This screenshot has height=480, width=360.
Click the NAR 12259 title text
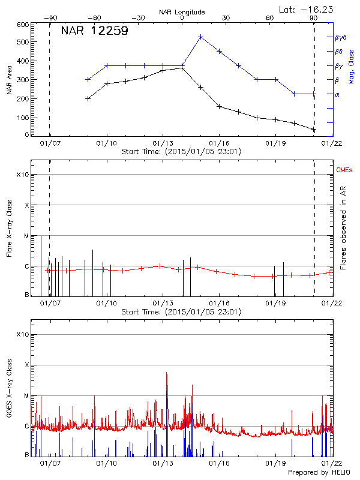[x=94, y=31]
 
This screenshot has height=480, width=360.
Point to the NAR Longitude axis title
[x=182, y=11]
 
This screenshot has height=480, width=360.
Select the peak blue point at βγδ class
[x=200, y=37]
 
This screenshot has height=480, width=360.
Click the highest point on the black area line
[x=182, y=68]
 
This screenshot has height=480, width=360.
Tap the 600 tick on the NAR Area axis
[x=23, y=25]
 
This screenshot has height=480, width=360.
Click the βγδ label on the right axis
[x=341, y=37]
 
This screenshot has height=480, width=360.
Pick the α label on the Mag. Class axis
[x=337, y=94]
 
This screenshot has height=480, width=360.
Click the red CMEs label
[x=345, y=171]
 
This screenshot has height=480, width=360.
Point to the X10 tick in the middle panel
[x=23, y=175]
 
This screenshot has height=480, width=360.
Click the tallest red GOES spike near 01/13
[x=167, y=373]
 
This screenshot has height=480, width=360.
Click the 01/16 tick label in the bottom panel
[x=219, y=464]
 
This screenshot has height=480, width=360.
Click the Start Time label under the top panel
[x=181, y=152]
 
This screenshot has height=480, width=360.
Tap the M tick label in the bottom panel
[x=25, y=396]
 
